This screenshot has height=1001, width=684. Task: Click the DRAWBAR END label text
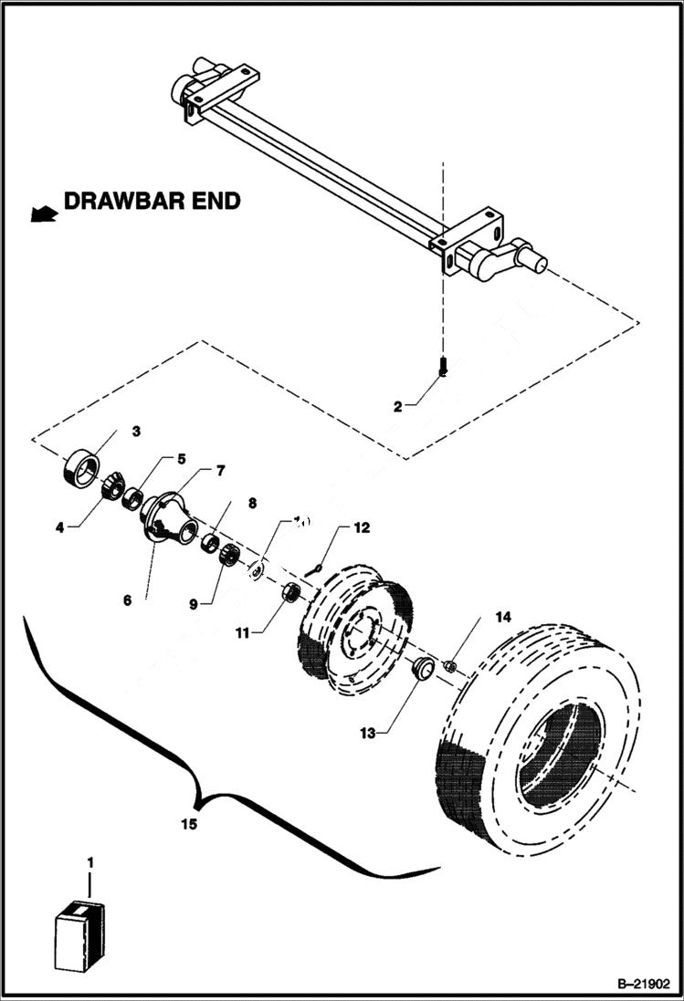pos(152,202)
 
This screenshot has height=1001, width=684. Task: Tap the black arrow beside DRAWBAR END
pos(42,214)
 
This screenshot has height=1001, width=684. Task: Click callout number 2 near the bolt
pos(398,407)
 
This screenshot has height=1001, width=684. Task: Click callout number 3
pos(135,430)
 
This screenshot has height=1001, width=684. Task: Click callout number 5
pos(181,459)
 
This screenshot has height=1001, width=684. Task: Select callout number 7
pos(220,471)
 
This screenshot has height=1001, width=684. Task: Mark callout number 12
pos(362,527)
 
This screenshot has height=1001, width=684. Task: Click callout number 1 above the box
pos(89,861)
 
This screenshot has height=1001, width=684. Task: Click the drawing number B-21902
pos(643,983)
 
